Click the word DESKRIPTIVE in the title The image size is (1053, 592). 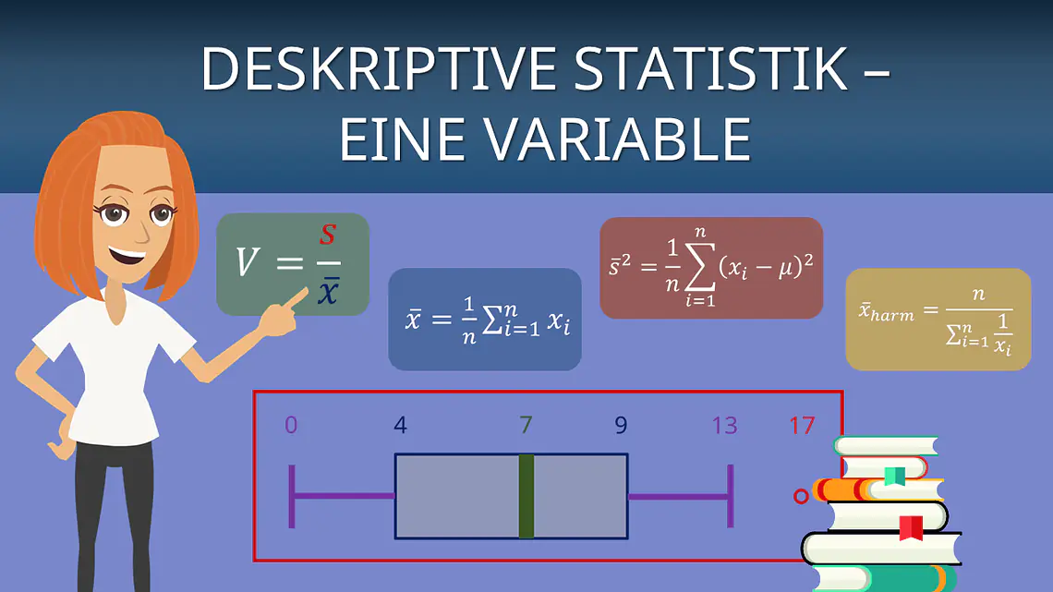(379, 68)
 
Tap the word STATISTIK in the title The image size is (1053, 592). (711, 68)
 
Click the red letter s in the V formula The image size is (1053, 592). (327, 235)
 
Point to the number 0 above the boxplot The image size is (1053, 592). (291, 425)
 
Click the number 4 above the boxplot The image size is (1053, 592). (400, 425)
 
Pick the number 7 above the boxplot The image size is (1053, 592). (526, 425)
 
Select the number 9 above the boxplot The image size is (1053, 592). (622, 425)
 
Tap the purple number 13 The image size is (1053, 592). (724, 425)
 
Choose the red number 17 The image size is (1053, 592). (802, 425)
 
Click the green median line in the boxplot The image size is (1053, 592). (526, 496)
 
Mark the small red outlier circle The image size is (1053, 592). (801, 497)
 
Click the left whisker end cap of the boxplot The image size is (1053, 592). (292, 496)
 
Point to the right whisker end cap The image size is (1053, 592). (731, 496)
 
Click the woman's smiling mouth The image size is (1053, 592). (127, 255)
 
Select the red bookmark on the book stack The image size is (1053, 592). (911, 527)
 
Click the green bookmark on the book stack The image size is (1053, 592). (894, 476)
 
